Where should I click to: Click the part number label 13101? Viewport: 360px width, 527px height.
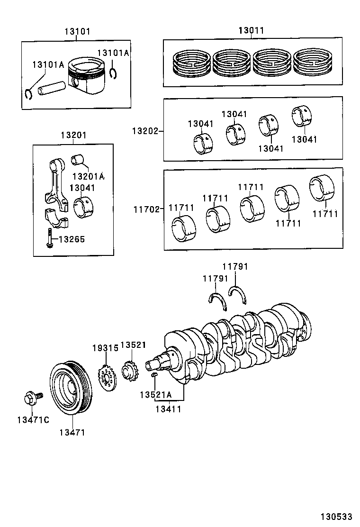tap(77, 32)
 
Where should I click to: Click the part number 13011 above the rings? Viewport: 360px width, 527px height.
tap(251, 31)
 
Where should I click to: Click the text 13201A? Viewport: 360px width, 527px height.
tap(88, 176)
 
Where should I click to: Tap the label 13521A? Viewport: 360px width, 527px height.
tap(155, 394)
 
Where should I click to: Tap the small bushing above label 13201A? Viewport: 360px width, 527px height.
tap(77, 160)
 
